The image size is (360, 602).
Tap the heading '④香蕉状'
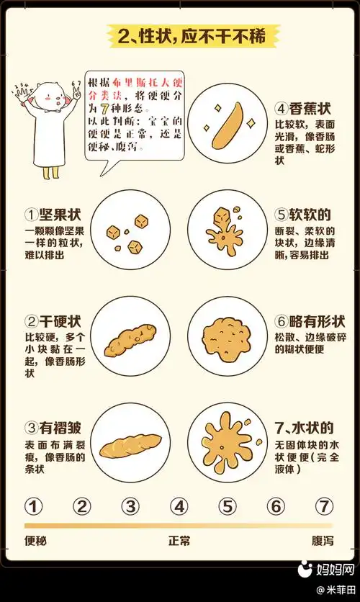pyautogui.click(x=302, y=109)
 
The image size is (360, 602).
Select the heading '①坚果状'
pyautogui.click(x=48, y=215)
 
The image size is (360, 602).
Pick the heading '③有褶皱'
pyautogui.click(x=48, y=427)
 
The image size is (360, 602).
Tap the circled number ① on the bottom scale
pyautogui.click(x=35, y=506)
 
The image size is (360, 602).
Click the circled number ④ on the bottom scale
pyautogui.click(x=179, y=506)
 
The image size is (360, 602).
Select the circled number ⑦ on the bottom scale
pyautogui.click(x=325, y=506)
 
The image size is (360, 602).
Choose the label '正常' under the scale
pyautogui.click(x=179, y=541)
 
